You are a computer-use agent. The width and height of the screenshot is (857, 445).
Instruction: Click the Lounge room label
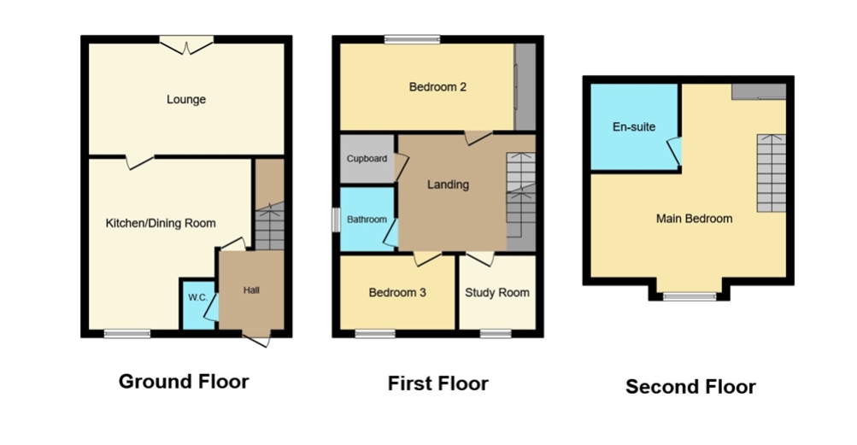click(x=185, y=99)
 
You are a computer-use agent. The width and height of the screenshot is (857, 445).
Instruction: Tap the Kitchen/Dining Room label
click(x=160, y=223)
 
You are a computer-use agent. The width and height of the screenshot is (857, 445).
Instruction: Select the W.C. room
click(x=198, y=305)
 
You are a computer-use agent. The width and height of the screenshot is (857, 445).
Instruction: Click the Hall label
click(x=251, y=290)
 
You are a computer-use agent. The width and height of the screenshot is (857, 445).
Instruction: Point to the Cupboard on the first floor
click(x=367, y=159)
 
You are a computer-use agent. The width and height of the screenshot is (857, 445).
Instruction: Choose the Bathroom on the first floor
click(x=367, y=220)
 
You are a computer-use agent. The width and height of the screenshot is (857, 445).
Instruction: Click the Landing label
click(x=448, y=184)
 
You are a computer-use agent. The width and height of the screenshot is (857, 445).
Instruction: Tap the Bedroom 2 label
click(x=437, y=87)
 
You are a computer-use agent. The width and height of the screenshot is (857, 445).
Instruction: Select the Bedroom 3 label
click(x=397, y=292)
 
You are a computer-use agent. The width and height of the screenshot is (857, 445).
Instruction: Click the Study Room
click(x=496, y=292)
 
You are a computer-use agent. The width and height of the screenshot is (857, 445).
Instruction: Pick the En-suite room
click(x=634, y=126)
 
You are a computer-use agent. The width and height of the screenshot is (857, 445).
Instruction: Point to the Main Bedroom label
click(x=694, y=219)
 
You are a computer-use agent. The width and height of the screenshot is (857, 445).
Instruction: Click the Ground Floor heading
click(x=184, y=381)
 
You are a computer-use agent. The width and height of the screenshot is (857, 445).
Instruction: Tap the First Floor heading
click(x=437, y=384)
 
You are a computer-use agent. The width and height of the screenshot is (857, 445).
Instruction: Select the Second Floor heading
click(x=690, y=387)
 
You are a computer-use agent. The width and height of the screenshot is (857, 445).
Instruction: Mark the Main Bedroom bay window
click(x=690, y=296)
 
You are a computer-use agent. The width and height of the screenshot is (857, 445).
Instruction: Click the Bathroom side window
click(x=336, y=220)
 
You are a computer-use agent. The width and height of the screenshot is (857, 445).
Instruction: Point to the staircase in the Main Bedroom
click(x=772, y=173)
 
